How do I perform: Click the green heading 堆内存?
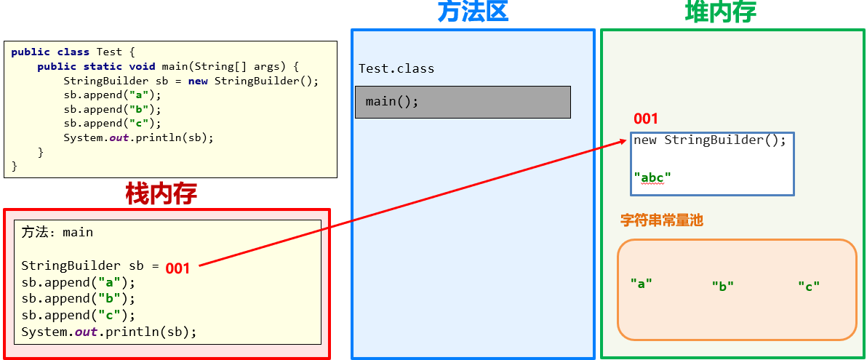click(720, 12)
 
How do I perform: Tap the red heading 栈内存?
click(161, 193)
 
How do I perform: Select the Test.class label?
click(396, 69)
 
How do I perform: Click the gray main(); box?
click(463, 102)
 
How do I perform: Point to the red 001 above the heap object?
click(645, 119)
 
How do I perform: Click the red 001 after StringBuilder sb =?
click(177, 268)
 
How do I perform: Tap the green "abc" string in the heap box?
click(652, 177)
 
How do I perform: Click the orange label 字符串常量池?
click(661, 220)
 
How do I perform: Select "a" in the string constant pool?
click(641, 284)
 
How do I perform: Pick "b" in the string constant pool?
click(722, 287)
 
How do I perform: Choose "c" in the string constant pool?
click(808, 287)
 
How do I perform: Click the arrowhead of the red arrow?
click(626, 141)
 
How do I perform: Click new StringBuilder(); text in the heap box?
click(709, 140)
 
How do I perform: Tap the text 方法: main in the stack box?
click(57, 233)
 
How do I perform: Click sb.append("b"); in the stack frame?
click(79, 299)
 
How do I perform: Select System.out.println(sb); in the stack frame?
click(109, 332)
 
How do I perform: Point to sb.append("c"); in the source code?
click(112, 123)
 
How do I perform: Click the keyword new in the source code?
click(198, 81)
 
